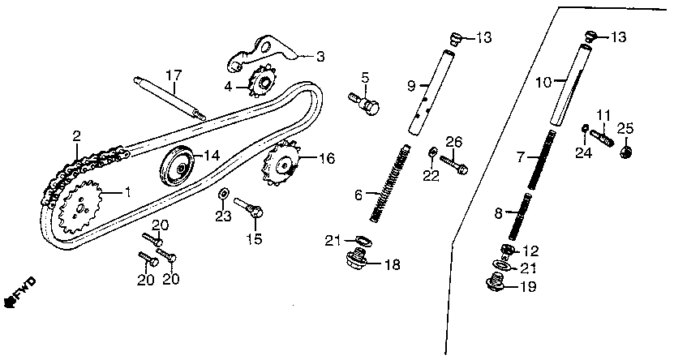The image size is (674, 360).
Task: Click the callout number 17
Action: point(174,75)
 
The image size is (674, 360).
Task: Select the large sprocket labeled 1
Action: point(81,207)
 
